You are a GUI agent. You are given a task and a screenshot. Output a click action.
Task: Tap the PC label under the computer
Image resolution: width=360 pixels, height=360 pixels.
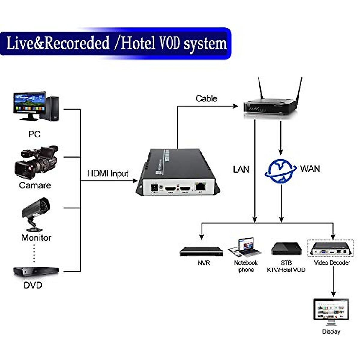[34, 134]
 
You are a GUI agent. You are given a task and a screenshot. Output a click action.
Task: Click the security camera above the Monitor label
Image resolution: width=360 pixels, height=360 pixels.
[36, 210]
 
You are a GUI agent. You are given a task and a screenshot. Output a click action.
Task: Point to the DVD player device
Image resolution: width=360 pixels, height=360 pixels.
[36, 271]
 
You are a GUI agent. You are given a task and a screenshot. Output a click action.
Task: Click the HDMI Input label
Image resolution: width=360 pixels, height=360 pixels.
[108, 173]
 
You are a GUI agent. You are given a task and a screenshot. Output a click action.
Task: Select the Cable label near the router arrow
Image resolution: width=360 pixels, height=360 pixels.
[206, 98]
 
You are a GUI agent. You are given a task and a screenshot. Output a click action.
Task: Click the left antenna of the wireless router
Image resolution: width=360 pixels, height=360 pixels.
[260, 88]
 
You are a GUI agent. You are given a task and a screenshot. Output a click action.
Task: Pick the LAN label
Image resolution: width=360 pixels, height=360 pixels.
[241, 169]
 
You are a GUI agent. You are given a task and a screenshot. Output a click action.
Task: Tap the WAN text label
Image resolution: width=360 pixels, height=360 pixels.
[310, 169]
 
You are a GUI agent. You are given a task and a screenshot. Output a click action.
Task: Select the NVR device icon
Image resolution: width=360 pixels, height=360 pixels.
[201, 251]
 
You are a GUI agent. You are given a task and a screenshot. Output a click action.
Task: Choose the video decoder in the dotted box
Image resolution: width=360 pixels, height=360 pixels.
[331, 248]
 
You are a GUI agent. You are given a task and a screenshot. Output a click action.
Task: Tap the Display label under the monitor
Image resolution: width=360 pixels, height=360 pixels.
[331, 331]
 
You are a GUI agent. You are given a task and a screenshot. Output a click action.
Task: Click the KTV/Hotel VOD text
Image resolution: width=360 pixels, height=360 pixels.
[286, 270]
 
